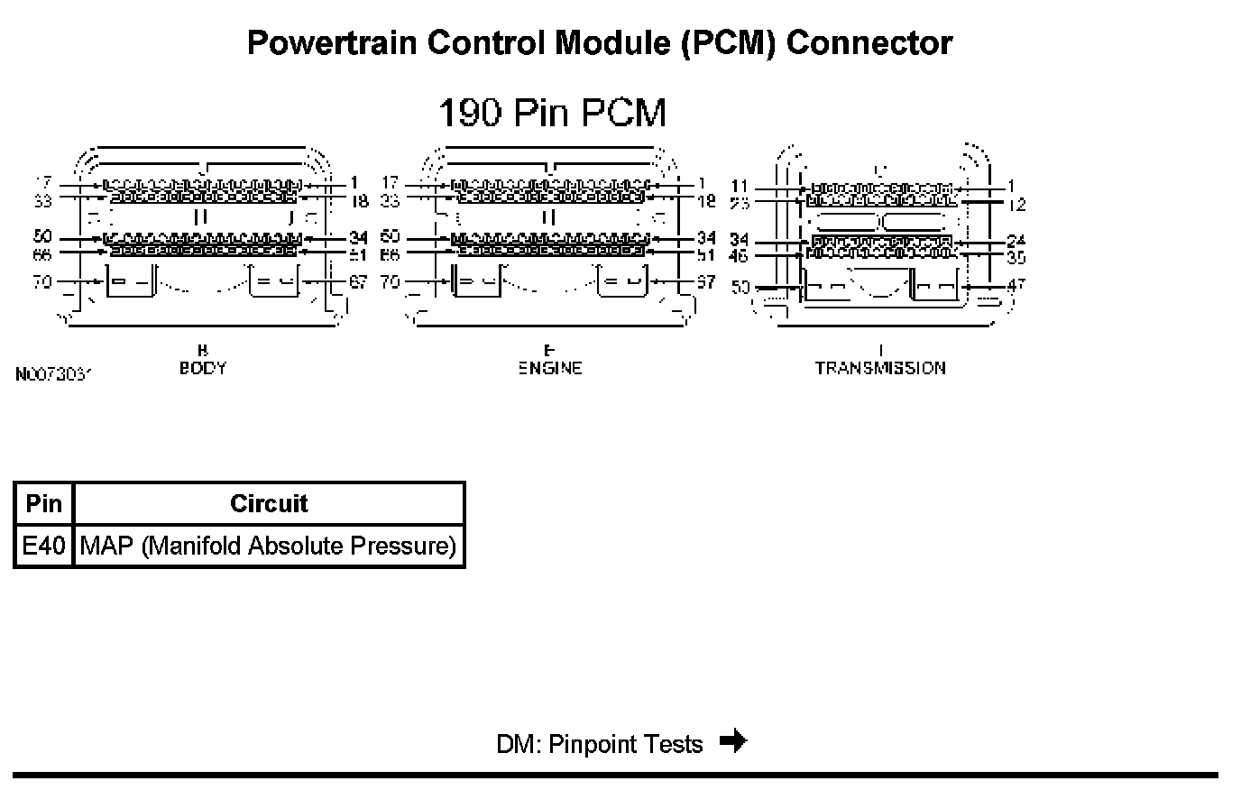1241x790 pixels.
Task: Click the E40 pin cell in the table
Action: pyautogui.click(x=43, y=547)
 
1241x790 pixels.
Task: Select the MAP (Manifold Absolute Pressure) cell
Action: pyautogui.click(x=269, y=547)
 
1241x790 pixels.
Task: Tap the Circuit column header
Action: pyautogui.click(x=269, y=503)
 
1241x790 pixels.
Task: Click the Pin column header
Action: pyautogui.click(x=43, y=503)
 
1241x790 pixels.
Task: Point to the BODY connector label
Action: pyautogui.click(x=203, y=368)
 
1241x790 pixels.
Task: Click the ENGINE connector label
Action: pyautogui.click(x=550, y=368)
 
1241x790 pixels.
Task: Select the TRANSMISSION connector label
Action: pyautogui.click(x=880, y=368)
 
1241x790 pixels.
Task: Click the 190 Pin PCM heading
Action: pyautogui.click(x=552, y=114)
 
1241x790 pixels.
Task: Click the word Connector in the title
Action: pyautogui.click(x=869, y=42)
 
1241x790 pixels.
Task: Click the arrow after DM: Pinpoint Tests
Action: pyautogui.click(x=733, y=742)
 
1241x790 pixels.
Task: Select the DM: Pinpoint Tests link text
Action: pyautogui.click(x=599, y=744)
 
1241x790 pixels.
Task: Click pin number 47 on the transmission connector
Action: pyautogui.click(x=1017, y=285)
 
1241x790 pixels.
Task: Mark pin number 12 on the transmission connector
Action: pyautogui.click(x=1017, y=205)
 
